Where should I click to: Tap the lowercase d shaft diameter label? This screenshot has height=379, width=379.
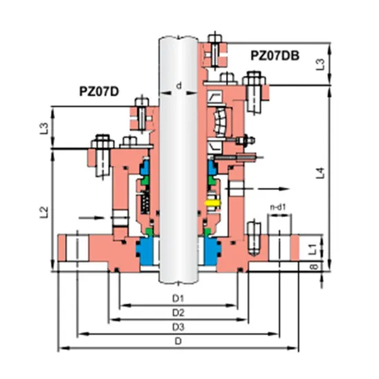(178, 86)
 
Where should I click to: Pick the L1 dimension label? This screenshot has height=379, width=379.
(311, 247)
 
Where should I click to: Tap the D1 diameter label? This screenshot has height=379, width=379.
(178, 298)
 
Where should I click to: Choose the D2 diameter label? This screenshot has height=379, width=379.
(178, 312)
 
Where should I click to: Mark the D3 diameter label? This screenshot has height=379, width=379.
(178, 326)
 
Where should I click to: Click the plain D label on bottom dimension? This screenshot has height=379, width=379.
(178, 340)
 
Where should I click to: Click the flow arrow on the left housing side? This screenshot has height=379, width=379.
(99, 216)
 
